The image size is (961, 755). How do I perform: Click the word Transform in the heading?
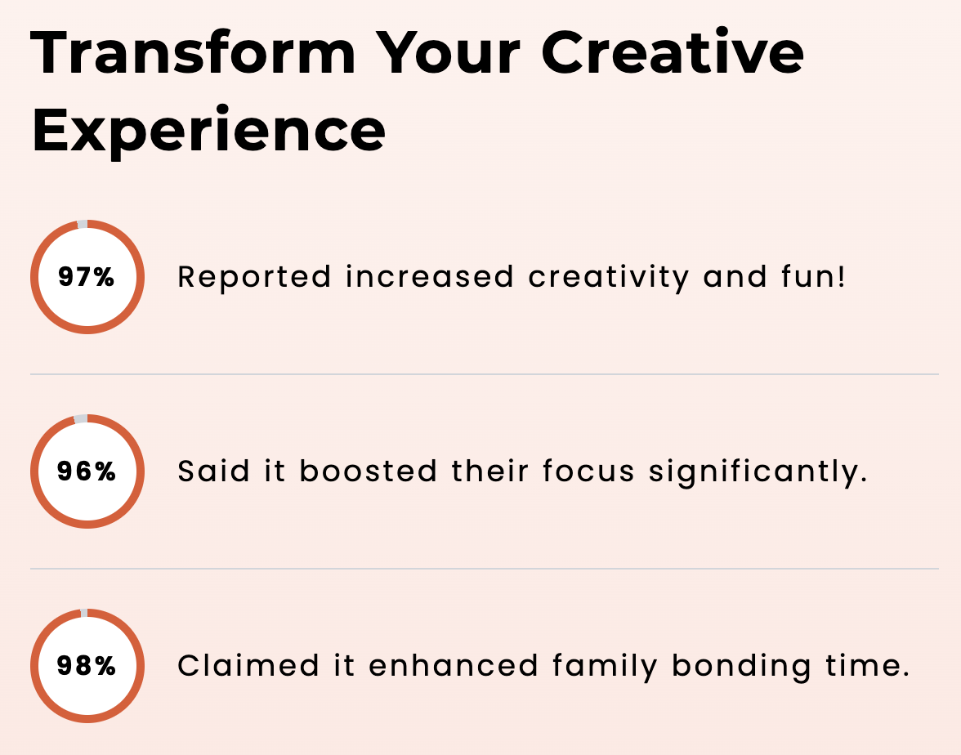click(x=193, y=52)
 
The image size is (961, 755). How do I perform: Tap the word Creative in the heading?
click(x=673, y=52)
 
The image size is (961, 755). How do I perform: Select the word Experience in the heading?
click(x=209, y=130)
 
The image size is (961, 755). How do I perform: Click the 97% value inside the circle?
click(x=87, y=276)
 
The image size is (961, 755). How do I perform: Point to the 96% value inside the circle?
click(x=87, y=471)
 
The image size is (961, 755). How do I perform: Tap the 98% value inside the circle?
click(x=87, y=665)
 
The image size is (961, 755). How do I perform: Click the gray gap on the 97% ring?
click(x=82, y=224)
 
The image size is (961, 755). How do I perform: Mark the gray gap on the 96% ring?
click(x=81, y=418)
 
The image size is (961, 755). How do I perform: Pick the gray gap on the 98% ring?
click(x=84, y=613)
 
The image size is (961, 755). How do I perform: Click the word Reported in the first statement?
click(x=254, y=278)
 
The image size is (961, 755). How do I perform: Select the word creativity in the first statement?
click(x=609, y=277)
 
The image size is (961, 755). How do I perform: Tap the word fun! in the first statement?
click(x=813, y=276)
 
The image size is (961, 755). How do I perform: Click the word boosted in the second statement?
click(x=369, y=471)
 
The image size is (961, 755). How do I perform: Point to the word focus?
click(x=588, y=471)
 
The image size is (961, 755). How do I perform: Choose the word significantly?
click(x=758, y=472)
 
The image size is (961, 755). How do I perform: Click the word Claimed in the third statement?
click(x=248, y=665)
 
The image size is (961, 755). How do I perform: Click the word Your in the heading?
click(x=448, y=52)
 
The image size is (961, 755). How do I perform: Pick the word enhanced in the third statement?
click(x=454, y=665)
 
